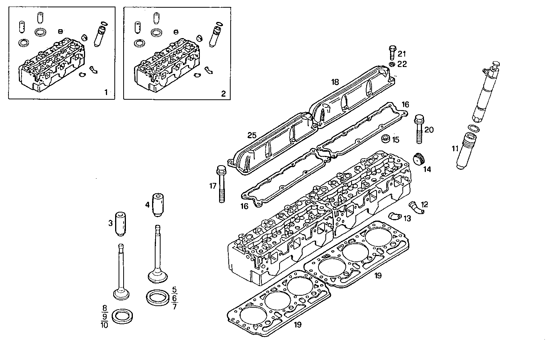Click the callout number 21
click(x=402, y=54)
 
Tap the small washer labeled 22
click(x=392, y=64)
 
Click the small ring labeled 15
click(x=385, y=138)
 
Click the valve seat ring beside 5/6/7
click(x=157, y=297)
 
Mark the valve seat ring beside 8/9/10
click(x=122, y=316)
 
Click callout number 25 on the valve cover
click(x=252, y=135)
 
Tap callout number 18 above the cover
click(x=335, y=82)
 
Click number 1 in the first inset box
click(x=106, y=92)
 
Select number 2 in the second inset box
click(x=223, y=93)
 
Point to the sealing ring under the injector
click(x=473, y=128)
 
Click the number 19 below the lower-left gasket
click(x=298, y=325)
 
